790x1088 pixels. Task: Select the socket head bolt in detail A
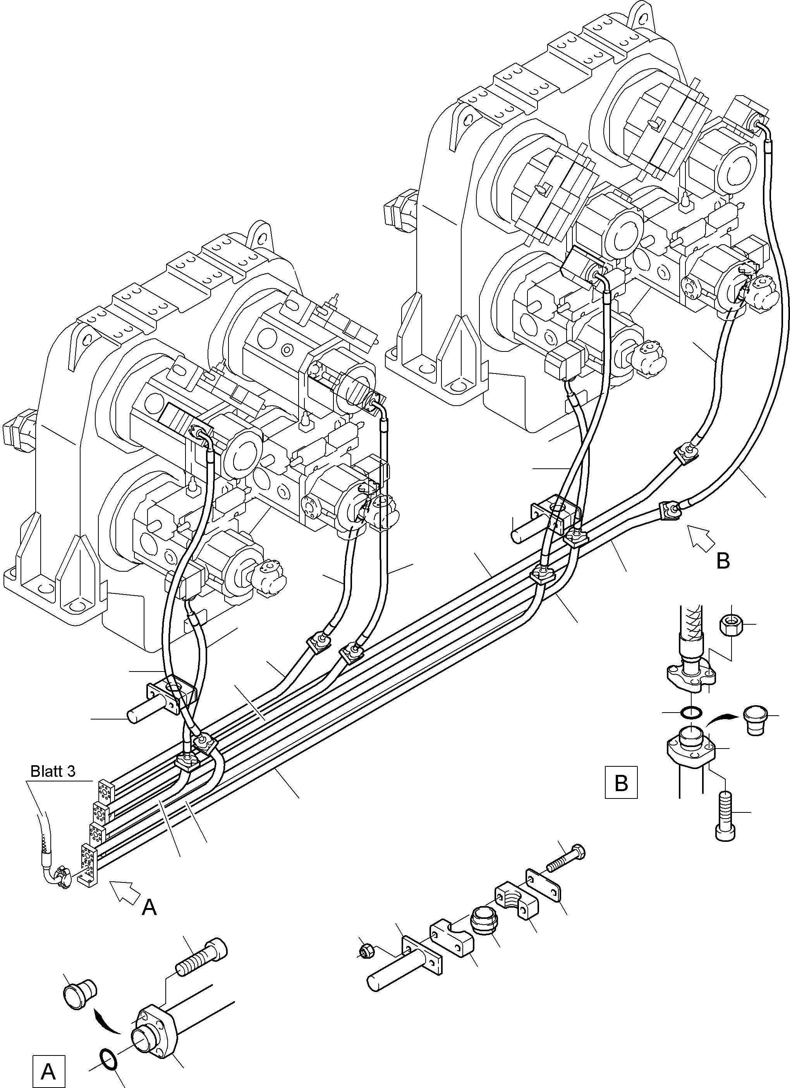[x=202, y=954]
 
